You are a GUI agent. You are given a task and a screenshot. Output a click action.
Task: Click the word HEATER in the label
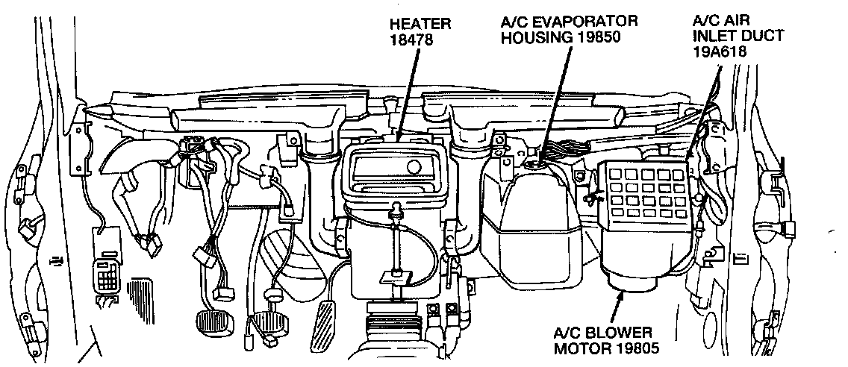(420, 25)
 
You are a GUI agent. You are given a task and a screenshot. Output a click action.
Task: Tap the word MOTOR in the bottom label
(580, 347)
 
